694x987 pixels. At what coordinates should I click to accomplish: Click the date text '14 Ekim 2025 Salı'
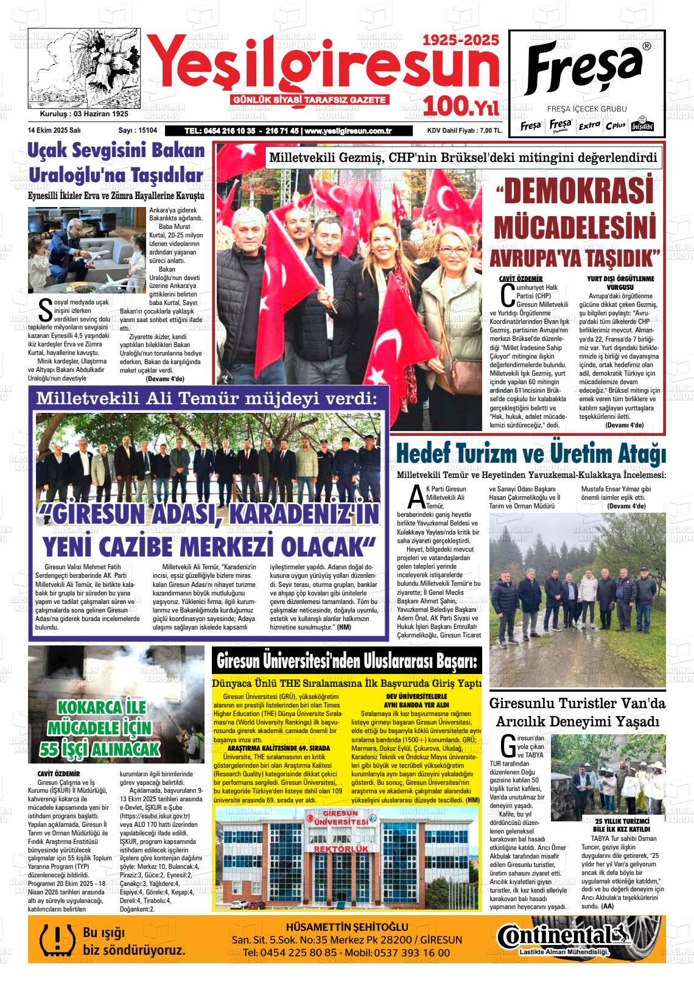54,130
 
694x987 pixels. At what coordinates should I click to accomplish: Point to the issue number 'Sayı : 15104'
138,130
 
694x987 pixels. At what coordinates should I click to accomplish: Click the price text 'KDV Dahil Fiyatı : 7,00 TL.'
464,130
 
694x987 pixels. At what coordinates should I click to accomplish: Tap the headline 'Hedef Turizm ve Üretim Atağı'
531,454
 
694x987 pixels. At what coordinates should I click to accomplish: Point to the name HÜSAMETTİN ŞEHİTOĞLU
346,927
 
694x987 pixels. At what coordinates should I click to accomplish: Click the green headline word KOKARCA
102,708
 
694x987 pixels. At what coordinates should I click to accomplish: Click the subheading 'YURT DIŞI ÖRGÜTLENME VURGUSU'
620,283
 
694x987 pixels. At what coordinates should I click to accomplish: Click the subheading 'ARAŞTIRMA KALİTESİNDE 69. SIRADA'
278,748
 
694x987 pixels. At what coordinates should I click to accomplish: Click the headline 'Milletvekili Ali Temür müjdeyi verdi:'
207,399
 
